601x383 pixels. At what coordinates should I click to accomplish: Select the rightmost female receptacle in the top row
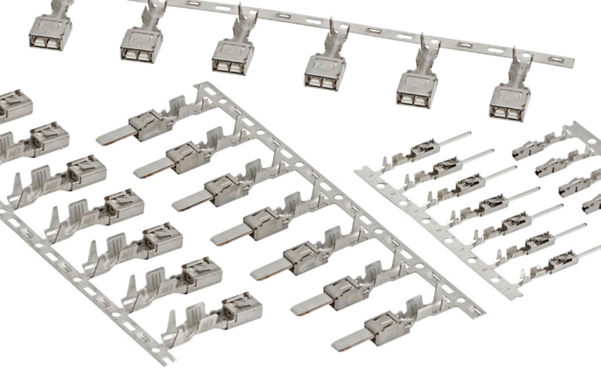tap(509, 102)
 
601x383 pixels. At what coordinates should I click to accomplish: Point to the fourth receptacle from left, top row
tap(325, 70)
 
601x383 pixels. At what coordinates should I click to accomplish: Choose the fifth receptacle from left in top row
tap(416, 87)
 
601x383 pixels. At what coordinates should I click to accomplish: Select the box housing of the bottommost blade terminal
tap(387, 325)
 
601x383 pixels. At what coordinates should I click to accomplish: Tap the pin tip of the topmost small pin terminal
tap(467, 134)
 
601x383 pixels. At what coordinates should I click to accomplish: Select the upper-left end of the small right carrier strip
tap(358, 171)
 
